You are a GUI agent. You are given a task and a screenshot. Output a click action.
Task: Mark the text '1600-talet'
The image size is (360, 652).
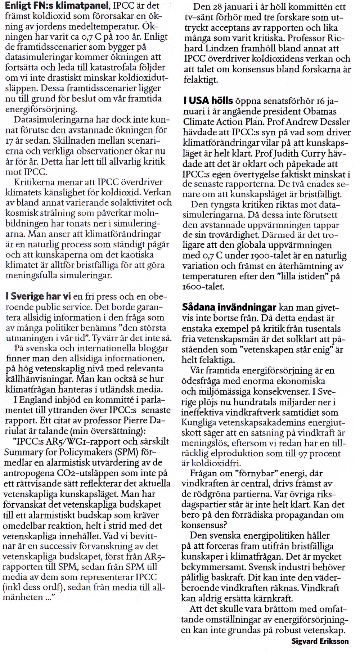tap(203, 287)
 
